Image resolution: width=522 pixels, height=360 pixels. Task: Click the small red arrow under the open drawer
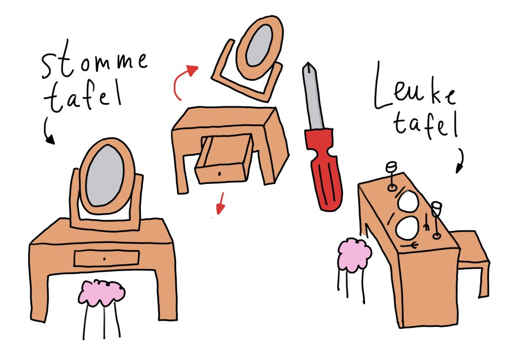[x=221, y=203]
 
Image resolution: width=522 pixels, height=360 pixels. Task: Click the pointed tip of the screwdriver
[x=308, y=63]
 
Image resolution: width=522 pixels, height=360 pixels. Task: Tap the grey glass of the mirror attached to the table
[x=105, y=175]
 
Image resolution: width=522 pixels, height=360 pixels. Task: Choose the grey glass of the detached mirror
[x=259, y=45]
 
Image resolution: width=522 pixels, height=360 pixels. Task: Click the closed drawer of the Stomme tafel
[x=107, y=259]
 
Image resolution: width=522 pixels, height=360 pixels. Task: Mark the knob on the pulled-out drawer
[x=219, y=173]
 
